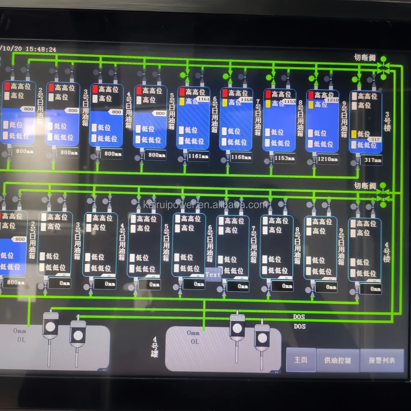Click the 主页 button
click(x=301, y=360)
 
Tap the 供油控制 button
click(x=337, y=360)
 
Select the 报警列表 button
click(x=382, y=360)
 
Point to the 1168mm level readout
click(x=241, y=157)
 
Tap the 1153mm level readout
click(x=284, y=158)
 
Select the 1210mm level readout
click(x=327, y=159)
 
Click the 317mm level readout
click(x=371, y=160)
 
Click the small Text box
click(x=213, y=275)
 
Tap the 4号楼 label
click(x=386, y=252)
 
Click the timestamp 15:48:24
click(x=41, y=49)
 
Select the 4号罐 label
click(x=155, y=347)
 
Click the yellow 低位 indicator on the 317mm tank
click(x=354, y=134)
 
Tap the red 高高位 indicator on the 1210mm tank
click(x=311, y=95)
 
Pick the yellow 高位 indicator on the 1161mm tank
click(x=182, y=101)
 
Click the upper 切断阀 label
click(x=365, y=58)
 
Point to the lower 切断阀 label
click(x=365, y=186)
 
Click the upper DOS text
click(x=299, y=317)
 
